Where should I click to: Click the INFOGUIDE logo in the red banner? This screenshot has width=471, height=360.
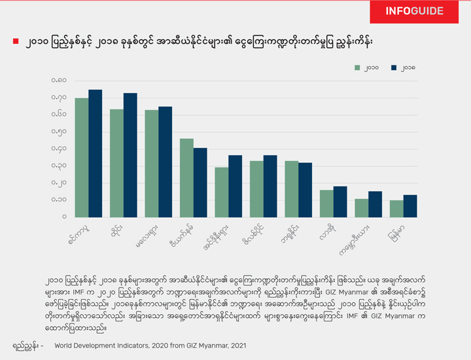click(x=414, y=11)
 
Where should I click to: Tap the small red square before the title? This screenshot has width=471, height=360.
click(x=16, y=42)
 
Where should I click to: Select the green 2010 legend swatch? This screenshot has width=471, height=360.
click(x=358, y=67)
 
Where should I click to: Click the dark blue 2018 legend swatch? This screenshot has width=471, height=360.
click(x=394, y=67)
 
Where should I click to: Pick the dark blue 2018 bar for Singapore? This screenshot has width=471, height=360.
click(x=96, y=153)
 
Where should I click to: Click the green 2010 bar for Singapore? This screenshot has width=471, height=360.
click(x=82, y=157)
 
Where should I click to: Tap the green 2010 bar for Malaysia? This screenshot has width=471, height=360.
click(x=152, y=163)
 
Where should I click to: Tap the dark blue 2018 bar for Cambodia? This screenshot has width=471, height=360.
click(x=375, y=204)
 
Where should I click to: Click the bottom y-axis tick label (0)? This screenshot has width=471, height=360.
click(x=64, y=217)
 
